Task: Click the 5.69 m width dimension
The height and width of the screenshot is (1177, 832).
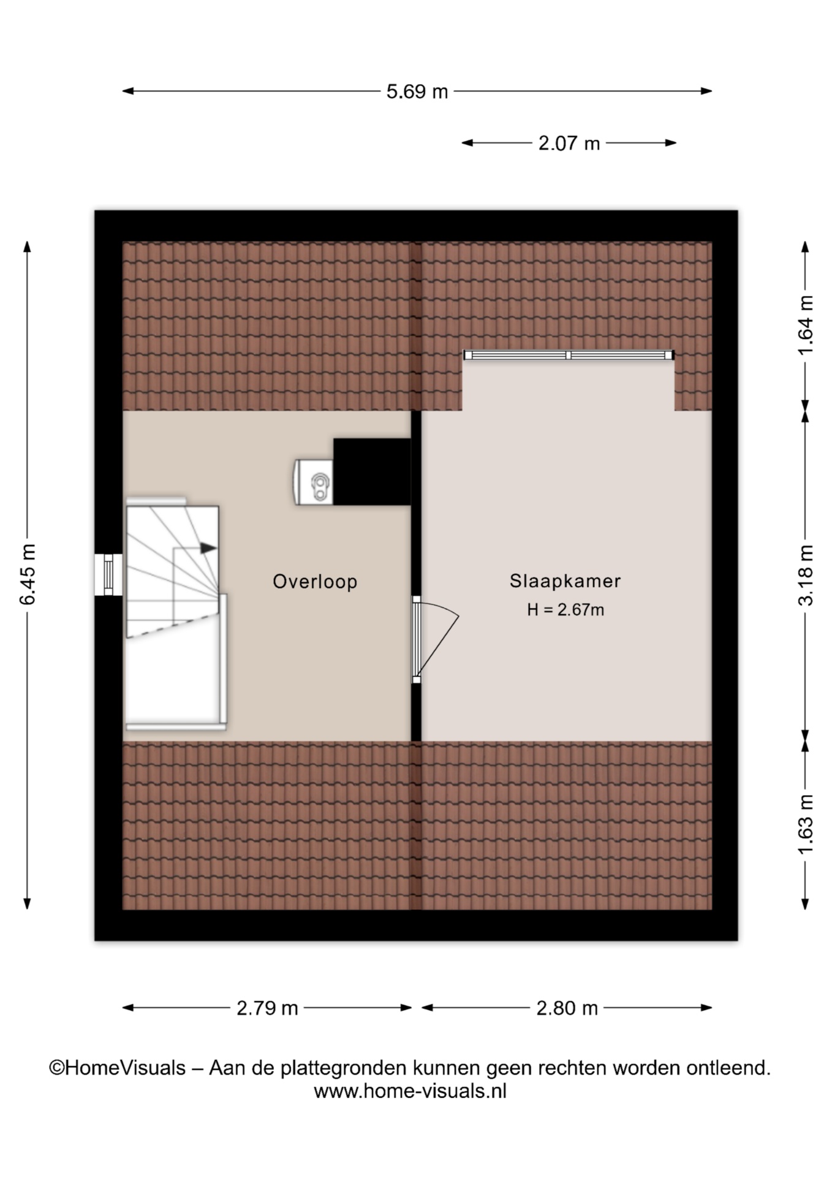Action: pyautogui.click(x=417, y=92)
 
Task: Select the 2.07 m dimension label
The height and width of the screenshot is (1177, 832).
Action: pyautogui.click(x=569, y=143)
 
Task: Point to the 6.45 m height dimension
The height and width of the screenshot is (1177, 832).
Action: pyautogui.click(x=28, y=574)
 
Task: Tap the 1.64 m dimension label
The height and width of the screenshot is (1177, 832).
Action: pyautogui.click(x=805, y=325)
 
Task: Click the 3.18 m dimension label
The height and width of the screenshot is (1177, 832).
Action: pyautogui.click(x=805, y=575)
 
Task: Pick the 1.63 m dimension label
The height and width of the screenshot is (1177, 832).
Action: pyautogui.click(x=805, y=825)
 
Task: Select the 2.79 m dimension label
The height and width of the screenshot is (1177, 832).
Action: pyautogui.click(x=267, y=1008)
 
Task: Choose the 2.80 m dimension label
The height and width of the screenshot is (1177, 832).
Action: pyautogui.click(x=567, y=1008)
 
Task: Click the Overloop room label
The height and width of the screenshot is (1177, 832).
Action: pyautogui.click(x=315, y=582)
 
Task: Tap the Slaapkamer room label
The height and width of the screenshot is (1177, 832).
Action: pyautogui.click(x=565, y=581)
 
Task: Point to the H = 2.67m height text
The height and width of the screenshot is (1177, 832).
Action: pyautogui.click(x=565, y=610)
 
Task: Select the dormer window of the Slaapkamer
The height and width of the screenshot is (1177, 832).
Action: pyautogui.click(x=569, y=355)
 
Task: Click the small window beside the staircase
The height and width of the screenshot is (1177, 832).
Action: pyautogui.click(x=108, y=574)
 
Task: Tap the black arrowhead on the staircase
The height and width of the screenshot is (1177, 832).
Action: pyautogui.click(x=209, y=548)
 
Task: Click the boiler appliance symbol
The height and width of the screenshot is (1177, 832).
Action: pyautogui.click(x=314, y=482)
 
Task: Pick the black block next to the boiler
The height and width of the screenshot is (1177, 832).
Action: pyautogui.click(x=372, y=471)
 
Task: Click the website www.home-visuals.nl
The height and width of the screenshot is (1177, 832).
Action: pyautogui.click(x=410, y=1091)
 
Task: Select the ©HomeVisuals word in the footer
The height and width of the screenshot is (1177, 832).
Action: pyautogui.click(x=117, y=1068)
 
